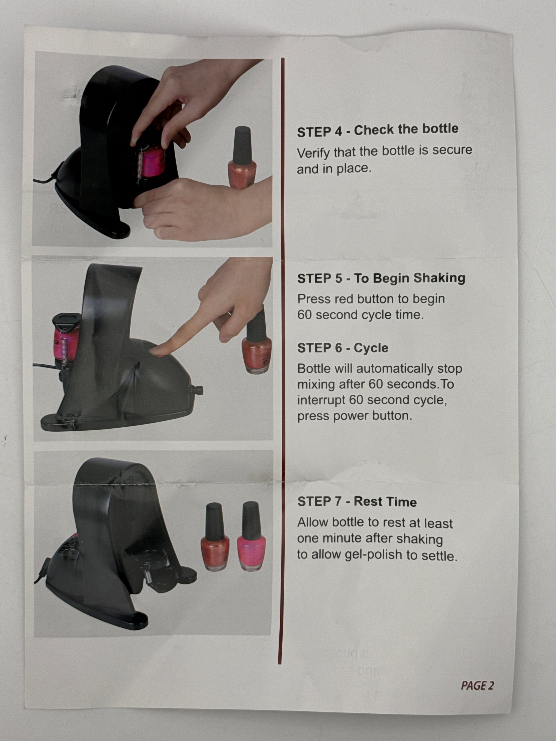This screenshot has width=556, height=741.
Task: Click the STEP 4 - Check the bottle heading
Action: pos(377,130)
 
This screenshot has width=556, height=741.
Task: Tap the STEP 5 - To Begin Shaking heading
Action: pos(381,278)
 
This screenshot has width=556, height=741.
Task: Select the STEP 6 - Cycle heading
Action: pos(343,348)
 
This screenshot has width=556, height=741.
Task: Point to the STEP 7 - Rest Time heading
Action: pos(357,501)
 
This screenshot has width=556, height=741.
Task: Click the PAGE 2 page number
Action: pos(477,685)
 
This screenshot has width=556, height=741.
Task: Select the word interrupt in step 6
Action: pos(321,400)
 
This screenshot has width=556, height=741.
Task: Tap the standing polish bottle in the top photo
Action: pos(242,157)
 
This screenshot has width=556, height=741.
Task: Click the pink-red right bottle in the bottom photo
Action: pos(251,537)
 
